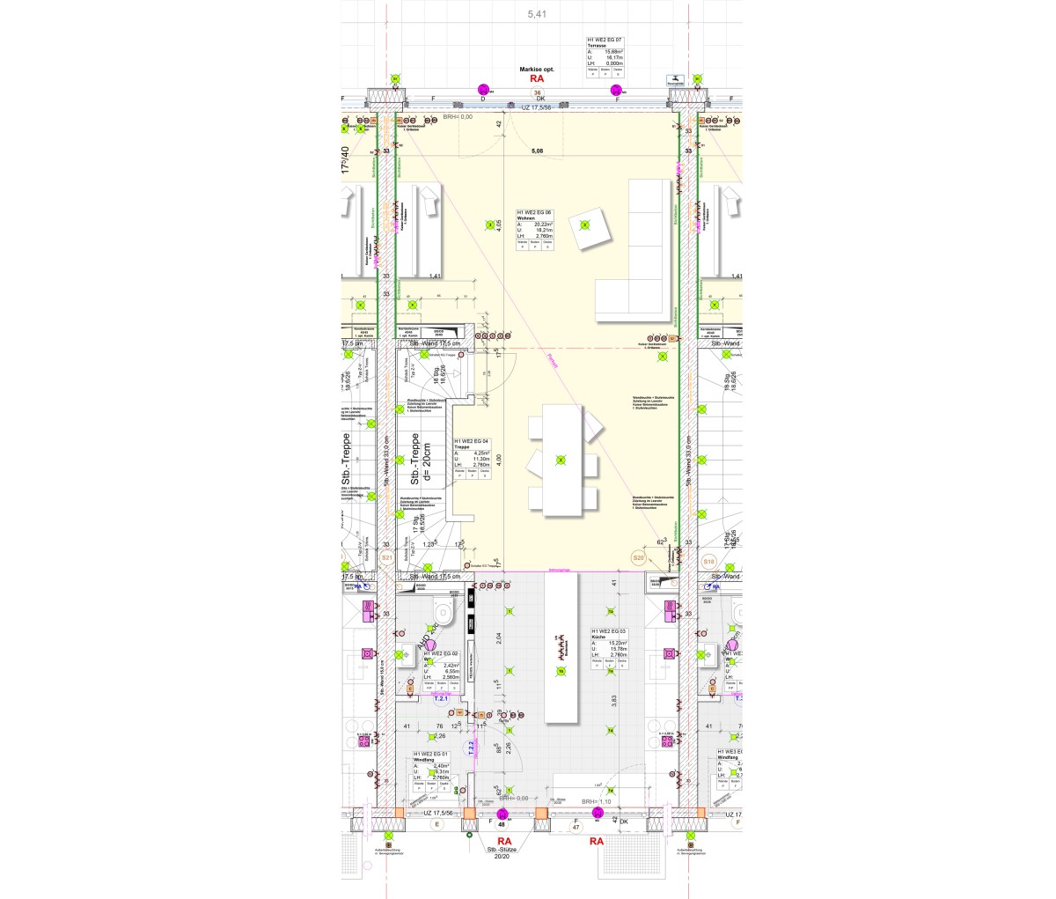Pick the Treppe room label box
[x=472, y=461]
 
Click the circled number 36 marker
[x=536, y=92]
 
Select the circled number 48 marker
[x=501, y=825]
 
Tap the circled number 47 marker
[x=576, y=828]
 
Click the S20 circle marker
[x=639, y=557]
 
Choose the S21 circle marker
[x=385, y=558]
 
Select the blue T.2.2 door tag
[x=472, y=748]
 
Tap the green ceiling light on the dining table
[x=560, y=460]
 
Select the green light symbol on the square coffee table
[x=583, y=225]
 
